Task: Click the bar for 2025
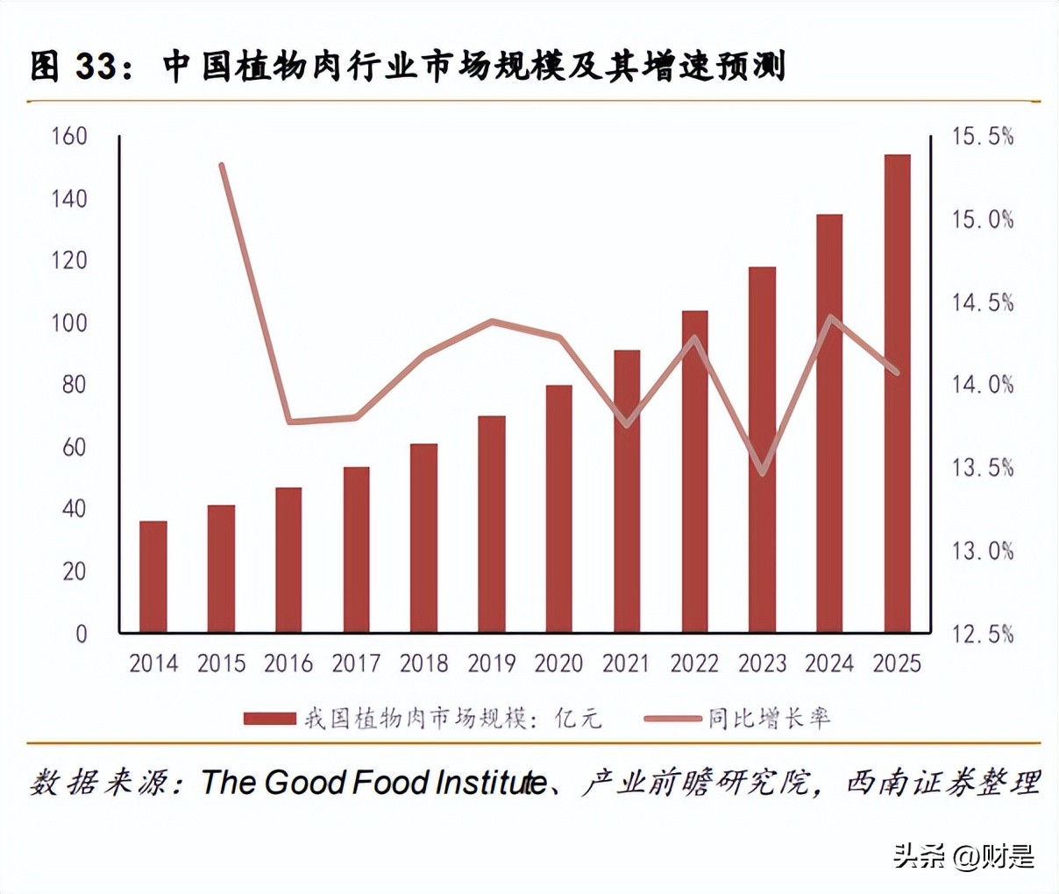pyautogui.click(x=897, y=394)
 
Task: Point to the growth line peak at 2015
pyautogui.click(x=222, y=166)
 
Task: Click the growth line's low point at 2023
pyautogui.click(x=763, y=473)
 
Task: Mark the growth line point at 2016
pyautogui.click(x=289, y=422)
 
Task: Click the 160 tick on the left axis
pyautogui.click(x=69, y=136)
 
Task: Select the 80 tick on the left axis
pyautogui.click(x=75, y=385)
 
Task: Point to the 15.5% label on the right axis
pyautogui.click(x=983, y=136)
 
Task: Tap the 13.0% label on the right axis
pyautogui.click(x=983, y=550)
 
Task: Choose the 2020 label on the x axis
pyautogui.click(x=559, y=663)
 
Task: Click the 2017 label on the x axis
pyautogui.click(x=356, y=663)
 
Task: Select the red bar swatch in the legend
pyautogui.click(x=270, y=719)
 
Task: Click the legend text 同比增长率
pyautogui.click(x=769, y=719)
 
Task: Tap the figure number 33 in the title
pyautogui.click(x=96, y=67)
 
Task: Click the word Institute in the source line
pyautogui.click(x=491, y=782)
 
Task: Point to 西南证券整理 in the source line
pyautogui.click(x=942, y=782)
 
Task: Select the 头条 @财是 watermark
pyautogui.click(x=963, y=855)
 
